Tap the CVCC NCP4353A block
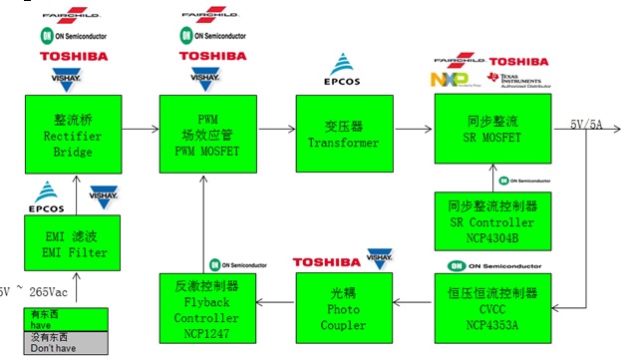pyautogui.click(x=481, y=305)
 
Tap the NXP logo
pyautogui.click(x=448, y=80)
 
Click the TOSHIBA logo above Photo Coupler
pyautogui.click(x=328, y=262)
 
